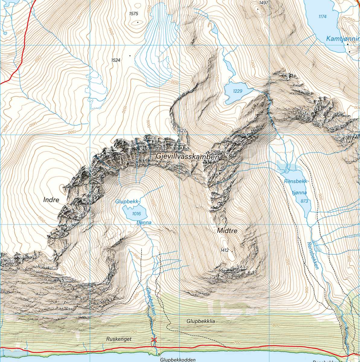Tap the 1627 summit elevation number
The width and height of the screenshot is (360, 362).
pos(181,131)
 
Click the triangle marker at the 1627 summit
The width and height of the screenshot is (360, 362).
pos(179,140)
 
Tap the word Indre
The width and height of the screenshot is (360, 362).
pos(51,200)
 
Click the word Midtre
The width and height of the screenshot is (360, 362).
pos(227,231)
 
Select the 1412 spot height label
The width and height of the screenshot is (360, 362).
pos(225,250)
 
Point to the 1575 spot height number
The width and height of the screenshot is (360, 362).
pos(133,14)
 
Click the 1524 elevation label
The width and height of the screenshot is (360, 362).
pos(116,60)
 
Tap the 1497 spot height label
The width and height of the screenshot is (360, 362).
pos(263,3)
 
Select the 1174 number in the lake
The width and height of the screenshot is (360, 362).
pos(322,17)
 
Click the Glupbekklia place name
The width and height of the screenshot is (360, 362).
pos(201,322)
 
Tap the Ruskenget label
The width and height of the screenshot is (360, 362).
pos(119,339)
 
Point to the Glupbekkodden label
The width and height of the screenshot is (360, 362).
pos(178,360)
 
